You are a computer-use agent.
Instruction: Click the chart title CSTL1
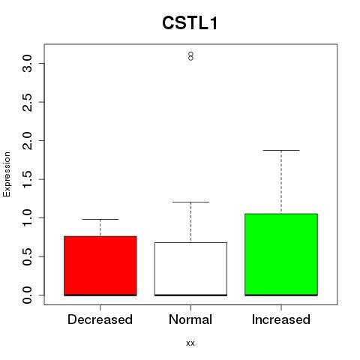[190, 23]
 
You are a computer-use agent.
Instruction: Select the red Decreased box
[100, 265]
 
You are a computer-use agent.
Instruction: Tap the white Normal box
[190, 269]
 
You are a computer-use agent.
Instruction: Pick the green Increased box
[281, 254]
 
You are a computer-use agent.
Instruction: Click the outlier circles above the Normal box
[190, 56]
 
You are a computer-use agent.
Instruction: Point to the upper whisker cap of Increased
[281, 150]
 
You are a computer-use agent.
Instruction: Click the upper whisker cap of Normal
[190, 202]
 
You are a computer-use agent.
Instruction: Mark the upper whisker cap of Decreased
[100, 219]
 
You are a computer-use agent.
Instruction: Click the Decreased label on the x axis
[100, 319]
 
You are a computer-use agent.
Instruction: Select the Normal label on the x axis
[190, 319]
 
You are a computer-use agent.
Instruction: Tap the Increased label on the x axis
[281, 319]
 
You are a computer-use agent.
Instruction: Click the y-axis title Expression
[7, 174]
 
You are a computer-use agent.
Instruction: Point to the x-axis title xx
[190, 343]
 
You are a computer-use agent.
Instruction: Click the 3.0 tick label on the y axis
[27, 64]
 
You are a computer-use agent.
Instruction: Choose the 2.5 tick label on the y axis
[27, 102]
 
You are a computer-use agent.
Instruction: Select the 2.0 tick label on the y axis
[27, 141]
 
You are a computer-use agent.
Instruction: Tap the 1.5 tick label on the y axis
[27, 179]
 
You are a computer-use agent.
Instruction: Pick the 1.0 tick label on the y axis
[27, 218]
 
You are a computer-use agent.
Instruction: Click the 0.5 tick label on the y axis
[27, 256]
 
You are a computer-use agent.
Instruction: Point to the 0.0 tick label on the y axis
[27, 295]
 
